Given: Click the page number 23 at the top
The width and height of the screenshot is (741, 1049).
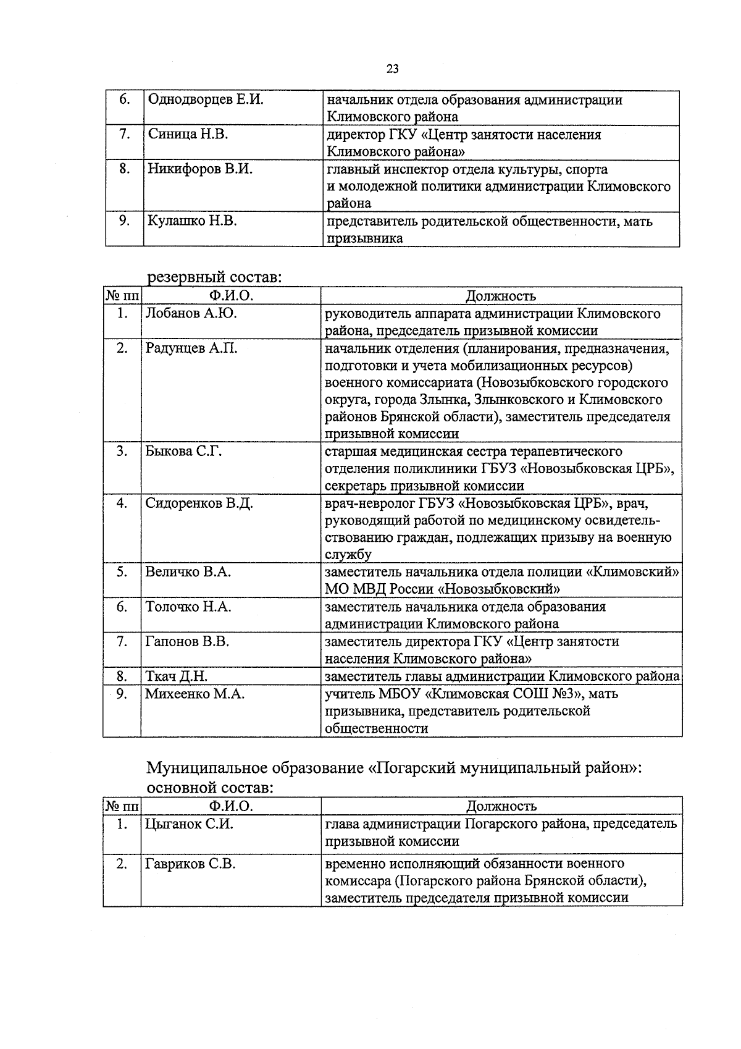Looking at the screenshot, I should (392, 69).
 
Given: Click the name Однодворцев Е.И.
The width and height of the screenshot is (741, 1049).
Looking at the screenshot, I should (205, 100).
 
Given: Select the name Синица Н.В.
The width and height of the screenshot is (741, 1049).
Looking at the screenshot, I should (188, 135).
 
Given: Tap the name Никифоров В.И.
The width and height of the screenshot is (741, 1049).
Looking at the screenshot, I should (199, 169).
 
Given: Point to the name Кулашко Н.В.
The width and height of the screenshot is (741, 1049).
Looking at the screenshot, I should (192, 221).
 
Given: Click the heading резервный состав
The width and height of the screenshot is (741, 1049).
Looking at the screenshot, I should (214, 277).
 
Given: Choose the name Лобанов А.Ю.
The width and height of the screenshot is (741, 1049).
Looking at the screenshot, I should (191, 313).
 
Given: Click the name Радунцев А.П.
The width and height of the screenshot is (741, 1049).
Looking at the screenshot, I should (191, 348).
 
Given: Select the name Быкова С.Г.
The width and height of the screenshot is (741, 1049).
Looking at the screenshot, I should (183, 452).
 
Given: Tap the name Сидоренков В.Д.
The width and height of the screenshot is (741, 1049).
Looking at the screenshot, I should (199, 503).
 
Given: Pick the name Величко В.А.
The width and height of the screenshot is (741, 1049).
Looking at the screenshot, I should (188, 572).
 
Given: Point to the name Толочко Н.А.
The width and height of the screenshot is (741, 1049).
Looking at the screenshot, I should (188, 607).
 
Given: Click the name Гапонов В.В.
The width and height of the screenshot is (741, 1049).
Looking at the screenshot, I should (187, 642).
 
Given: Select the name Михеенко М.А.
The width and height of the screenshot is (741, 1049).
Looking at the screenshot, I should (195, 694).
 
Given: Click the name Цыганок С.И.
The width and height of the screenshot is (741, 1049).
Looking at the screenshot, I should (189, 824).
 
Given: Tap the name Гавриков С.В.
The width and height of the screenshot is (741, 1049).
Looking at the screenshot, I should (190, 864).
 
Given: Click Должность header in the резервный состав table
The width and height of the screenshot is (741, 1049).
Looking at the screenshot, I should (501, 297).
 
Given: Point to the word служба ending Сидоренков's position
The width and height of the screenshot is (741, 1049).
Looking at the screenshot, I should (348, 555).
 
